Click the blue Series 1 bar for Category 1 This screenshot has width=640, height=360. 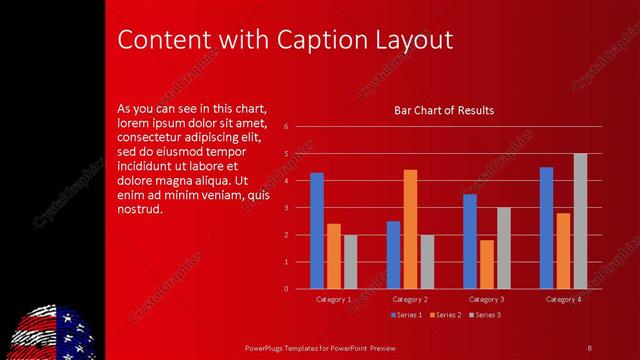(317, 231)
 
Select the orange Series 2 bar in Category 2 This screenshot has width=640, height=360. (410, 229)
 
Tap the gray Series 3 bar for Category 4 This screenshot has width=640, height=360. (580, 221)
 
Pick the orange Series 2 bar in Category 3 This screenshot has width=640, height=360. (487, 264)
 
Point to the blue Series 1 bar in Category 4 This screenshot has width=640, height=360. (547, 228)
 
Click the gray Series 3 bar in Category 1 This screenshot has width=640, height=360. (350, 262)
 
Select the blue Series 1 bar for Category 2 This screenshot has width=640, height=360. (394, 255)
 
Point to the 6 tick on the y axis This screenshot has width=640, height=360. (286, 127)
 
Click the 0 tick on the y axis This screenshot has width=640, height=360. (286, 289)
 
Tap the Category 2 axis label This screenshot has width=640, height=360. (410, 300)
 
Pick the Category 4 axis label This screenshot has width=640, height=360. (564, 300)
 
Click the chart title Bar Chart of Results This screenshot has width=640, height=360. (444, 110)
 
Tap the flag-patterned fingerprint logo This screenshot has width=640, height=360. (50, 332)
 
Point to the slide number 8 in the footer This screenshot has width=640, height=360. (590, 347)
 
